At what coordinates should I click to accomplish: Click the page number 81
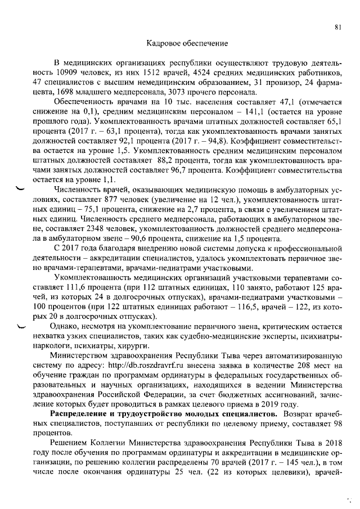coord(337,26)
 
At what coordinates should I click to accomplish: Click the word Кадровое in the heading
coord(163,43)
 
